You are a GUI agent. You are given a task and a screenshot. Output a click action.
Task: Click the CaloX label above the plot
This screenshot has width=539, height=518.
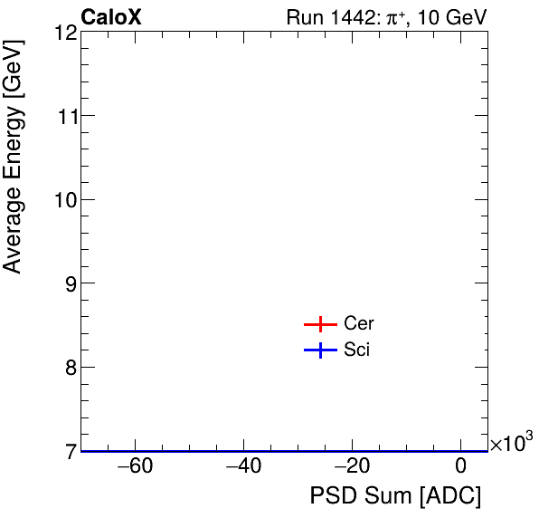111,17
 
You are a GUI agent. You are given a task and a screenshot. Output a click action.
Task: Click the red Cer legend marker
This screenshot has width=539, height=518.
319,324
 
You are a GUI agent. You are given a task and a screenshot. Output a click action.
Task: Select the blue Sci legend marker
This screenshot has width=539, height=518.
319,350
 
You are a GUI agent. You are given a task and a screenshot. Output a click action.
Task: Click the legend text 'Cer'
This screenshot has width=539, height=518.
358,324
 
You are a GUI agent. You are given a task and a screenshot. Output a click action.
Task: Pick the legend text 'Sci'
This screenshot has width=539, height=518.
356,350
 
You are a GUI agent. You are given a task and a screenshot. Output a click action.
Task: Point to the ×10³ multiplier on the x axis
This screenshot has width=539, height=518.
511,443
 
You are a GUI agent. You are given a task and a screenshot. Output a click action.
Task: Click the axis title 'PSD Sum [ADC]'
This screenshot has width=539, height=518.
395,497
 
